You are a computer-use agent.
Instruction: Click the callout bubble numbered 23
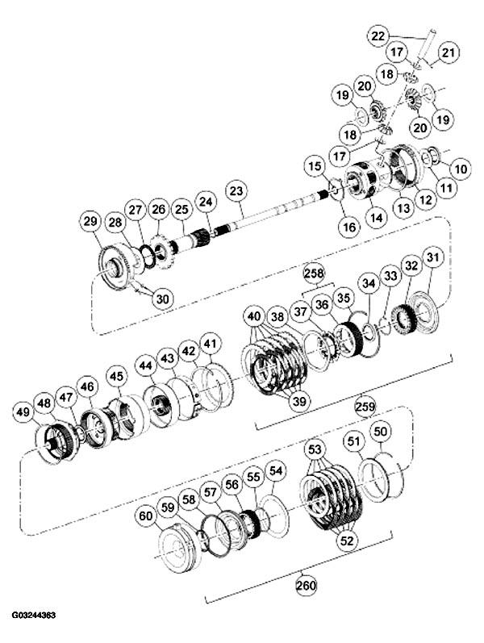[236, 190]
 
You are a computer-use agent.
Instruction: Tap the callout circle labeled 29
[90, 221]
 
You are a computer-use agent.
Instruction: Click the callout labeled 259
[364, 407]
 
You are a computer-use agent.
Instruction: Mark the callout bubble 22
[378, 35]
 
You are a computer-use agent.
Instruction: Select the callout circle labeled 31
[434, 258]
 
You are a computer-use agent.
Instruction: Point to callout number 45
[116, 376]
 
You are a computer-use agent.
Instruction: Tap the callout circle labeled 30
[163, 299]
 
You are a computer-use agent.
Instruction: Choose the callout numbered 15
[314, 166]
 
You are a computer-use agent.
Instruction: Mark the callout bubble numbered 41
[210, 345]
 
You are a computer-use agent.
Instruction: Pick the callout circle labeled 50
[381, 432]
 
